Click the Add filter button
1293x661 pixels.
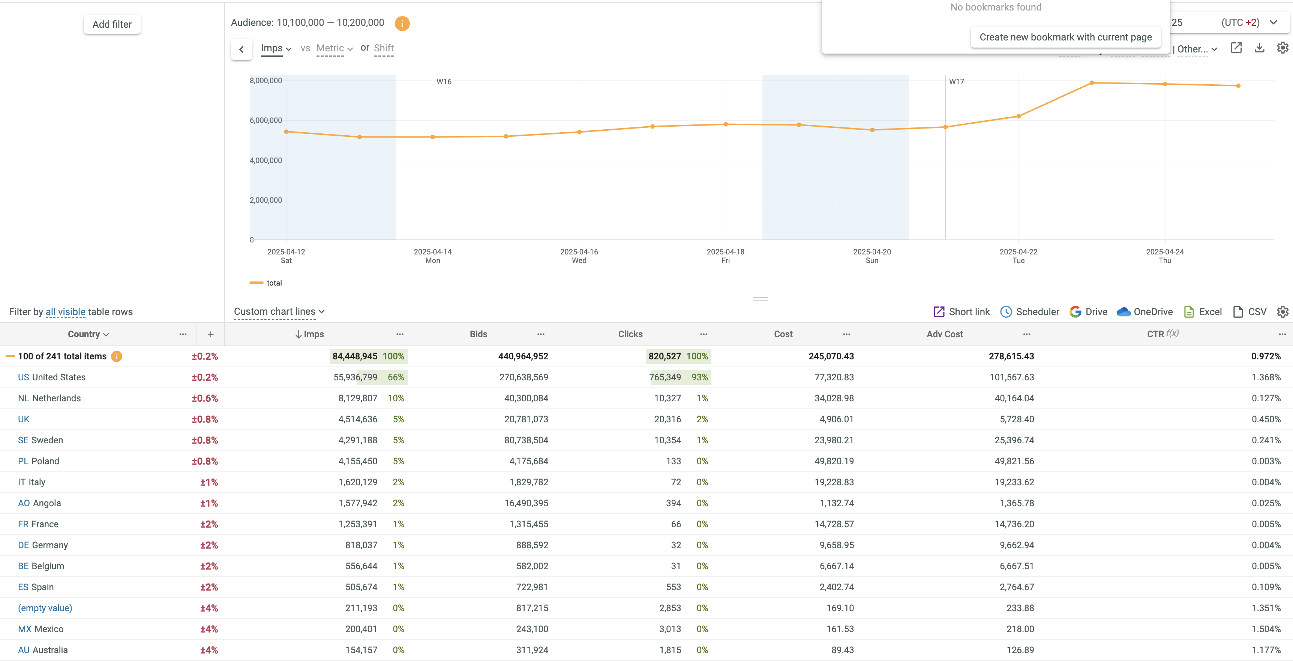tap(112, 24)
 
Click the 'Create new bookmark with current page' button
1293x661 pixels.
tap(1065, 37)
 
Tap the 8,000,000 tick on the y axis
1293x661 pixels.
tap(265, 80)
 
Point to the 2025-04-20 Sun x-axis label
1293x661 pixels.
tap(872, 256)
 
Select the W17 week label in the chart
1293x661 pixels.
tap(956, 82)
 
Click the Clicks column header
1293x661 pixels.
tap(630, 334)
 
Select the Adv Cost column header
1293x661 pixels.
tap(944, 334)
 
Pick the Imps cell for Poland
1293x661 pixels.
tap(357, 461)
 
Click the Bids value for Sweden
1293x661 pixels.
tap(526, 440)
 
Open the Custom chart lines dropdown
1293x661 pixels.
tap(279, 311)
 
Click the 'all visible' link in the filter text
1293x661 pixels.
tap(65, 312)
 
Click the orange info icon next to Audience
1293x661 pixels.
tap(402, 23)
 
